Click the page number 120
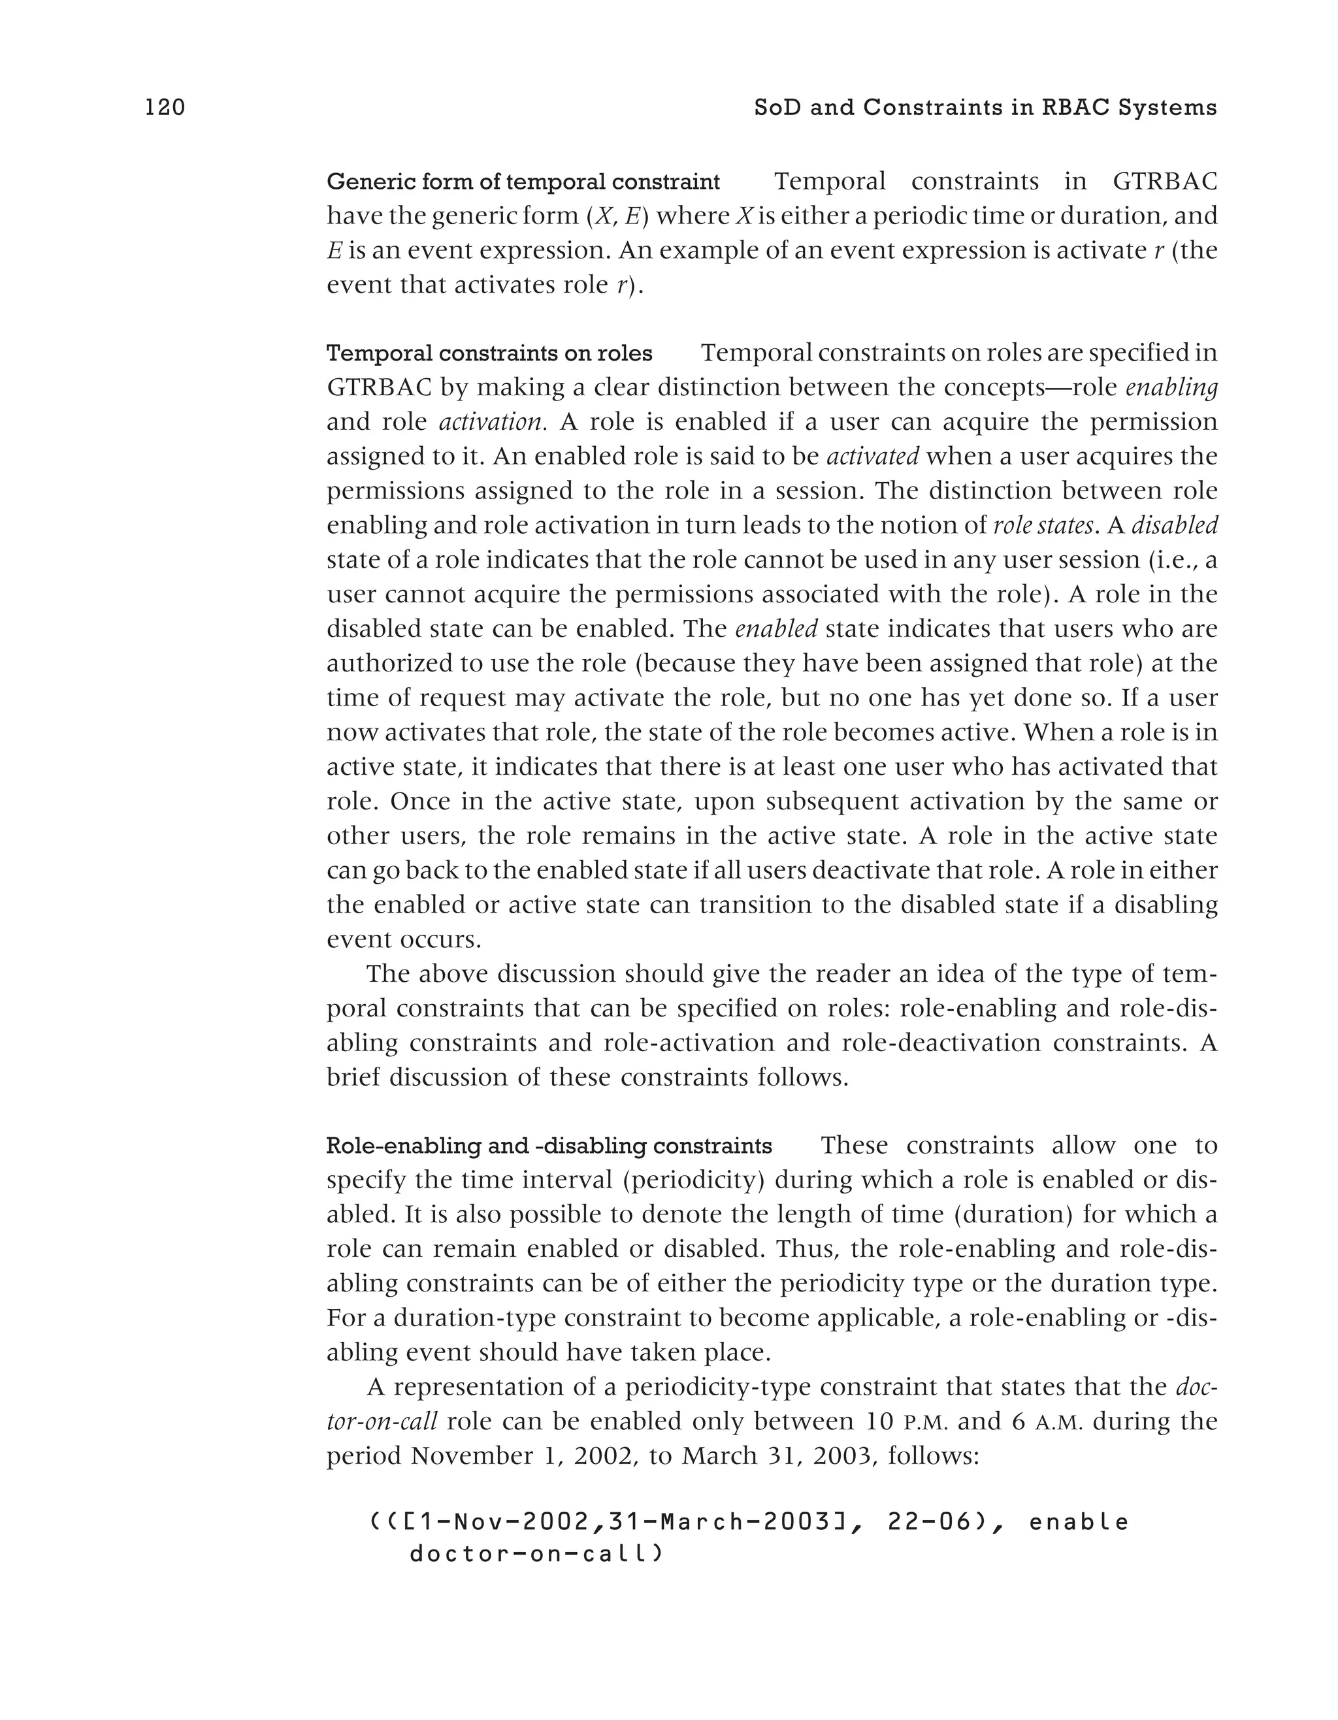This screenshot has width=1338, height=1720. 165,107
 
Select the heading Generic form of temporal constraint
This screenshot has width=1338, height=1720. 523,182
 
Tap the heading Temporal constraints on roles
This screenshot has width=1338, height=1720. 489,353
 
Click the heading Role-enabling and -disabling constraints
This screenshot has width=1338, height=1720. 549,1146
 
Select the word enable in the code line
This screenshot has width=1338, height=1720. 1078,1522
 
